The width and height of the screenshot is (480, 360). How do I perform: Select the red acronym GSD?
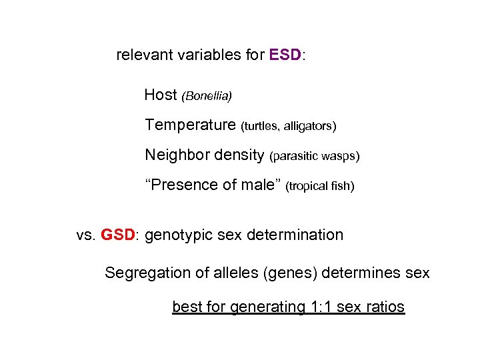(118, 235)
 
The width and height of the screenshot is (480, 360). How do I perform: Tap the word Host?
(160, 95)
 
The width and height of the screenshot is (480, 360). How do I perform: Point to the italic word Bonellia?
(207, 97)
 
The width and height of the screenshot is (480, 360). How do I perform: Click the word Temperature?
(190, 125)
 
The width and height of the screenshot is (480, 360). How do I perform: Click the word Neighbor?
(174, 155)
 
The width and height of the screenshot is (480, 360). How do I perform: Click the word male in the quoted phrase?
(257, 185)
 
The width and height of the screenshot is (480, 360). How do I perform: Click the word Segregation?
(145, 273)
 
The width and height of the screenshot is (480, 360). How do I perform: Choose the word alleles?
(237, 273)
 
